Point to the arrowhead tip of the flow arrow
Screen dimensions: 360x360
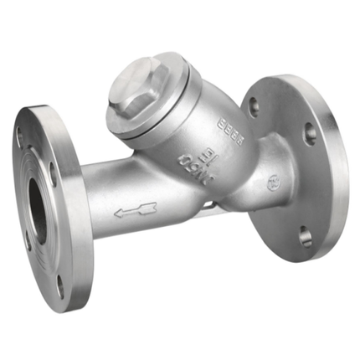tap(117, 213)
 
